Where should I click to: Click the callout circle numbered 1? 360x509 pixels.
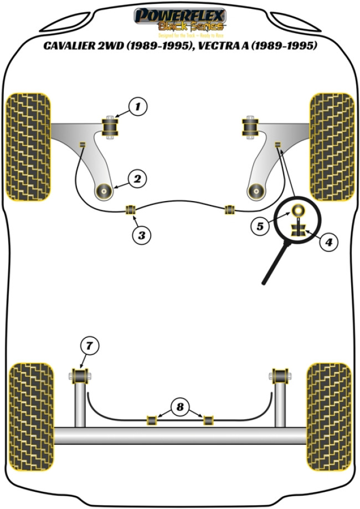(x=139, y=106)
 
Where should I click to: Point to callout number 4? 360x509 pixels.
(x=328, y=242)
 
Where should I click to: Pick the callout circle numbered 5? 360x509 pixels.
(x=260, y=226)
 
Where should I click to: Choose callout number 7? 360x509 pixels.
(x=89, y=346)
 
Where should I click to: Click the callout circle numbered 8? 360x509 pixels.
(x=179, y=409)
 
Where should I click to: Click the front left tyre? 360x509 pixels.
(x=28, y=146)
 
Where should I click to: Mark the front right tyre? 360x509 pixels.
(x=332, y=146)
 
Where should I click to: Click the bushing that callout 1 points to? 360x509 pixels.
(x=113, y=128)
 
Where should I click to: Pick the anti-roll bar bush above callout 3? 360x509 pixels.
(x=131, y=210)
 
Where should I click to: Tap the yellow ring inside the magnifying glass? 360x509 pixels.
(x=298, y=211)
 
